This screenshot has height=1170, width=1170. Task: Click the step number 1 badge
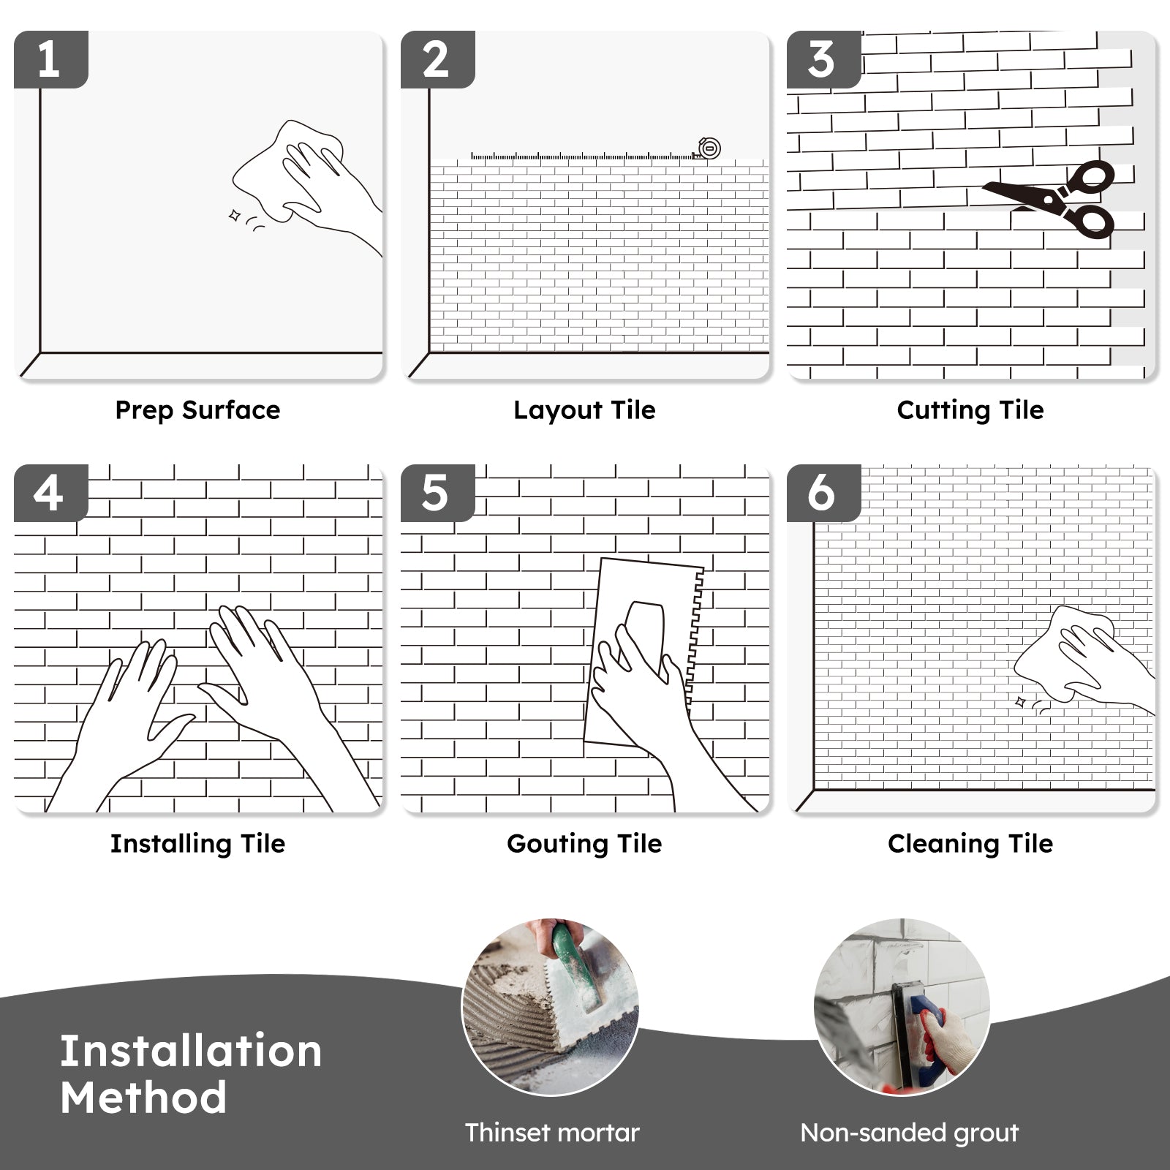click(50, 59)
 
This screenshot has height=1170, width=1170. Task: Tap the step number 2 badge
click(437, 59)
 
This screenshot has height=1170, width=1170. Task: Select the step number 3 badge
click(823, 59)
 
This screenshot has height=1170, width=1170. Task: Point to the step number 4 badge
click(50, 493)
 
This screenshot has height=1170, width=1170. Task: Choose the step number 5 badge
click(437, 493)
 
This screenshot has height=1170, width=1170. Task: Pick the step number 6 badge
click(823, 493)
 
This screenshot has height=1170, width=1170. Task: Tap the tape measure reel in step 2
click(709, 148)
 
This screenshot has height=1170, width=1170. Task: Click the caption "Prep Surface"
click(197, 410)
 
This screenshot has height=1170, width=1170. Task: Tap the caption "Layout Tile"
click(584, 410)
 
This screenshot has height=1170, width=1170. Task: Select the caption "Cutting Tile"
click(970, 410)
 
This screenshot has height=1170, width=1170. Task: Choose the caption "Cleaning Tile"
click(970, 844)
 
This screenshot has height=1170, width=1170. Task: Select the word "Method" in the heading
click(143, 1098)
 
